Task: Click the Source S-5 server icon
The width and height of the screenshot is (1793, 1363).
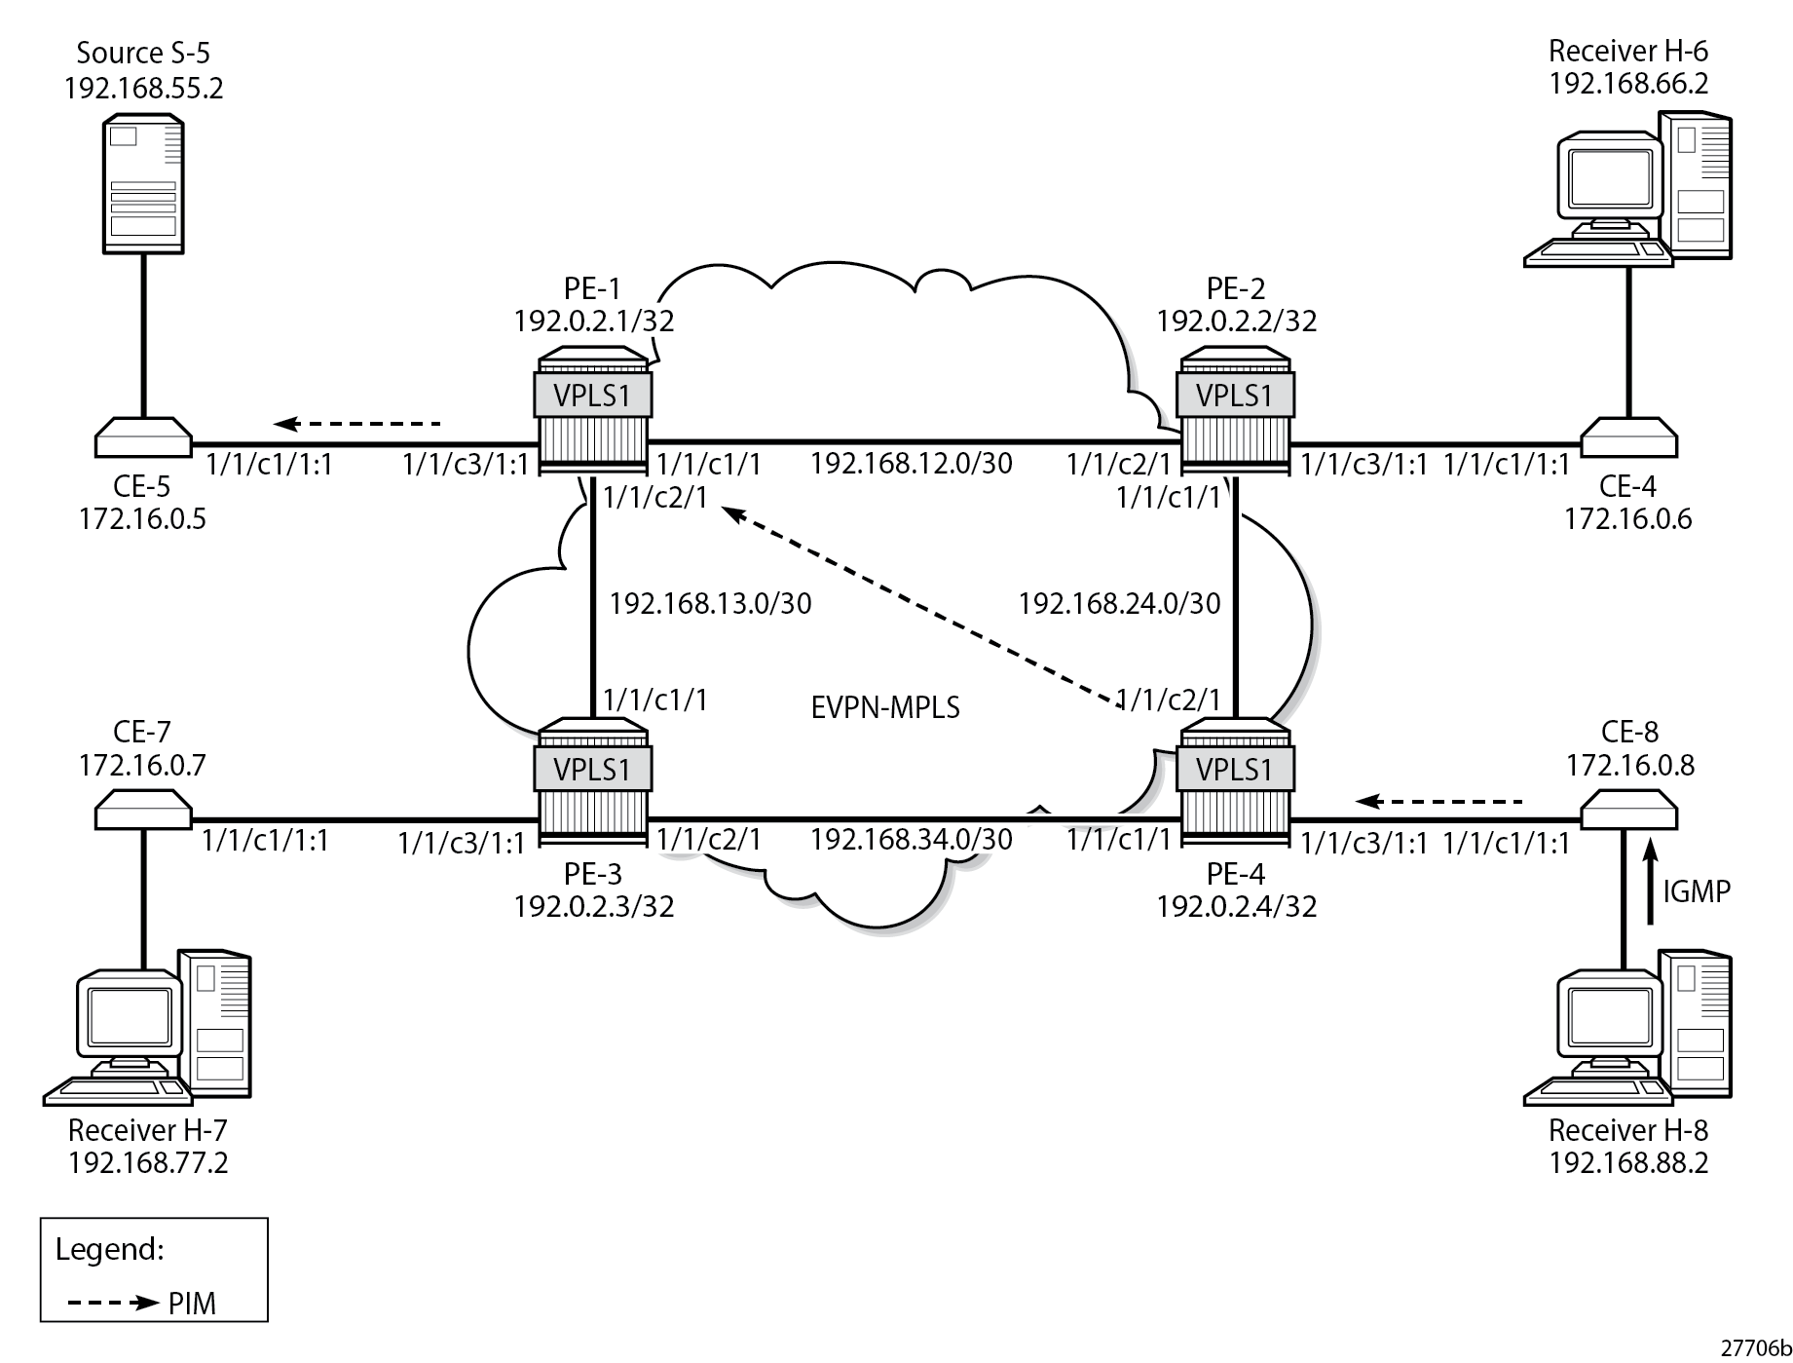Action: (143, 184)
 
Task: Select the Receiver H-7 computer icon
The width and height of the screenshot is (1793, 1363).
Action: (148, 1027)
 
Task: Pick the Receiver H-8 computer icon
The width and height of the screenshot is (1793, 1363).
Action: (1627, 1027)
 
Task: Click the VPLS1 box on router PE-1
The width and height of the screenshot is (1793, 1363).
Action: (592, 396)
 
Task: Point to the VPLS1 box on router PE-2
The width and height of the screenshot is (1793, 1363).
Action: (1235, 396)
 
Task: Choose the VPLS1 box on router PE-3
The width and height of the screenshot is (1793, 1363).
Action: (592, 770)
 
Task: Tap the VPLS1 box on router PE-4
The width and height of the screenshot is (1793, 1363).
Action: (1235, 770)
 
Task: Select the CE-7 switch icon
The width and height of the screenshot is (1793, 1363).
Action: (143, 810)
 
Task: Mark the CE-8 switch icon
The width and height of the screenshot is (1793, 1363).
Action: (1627, 810)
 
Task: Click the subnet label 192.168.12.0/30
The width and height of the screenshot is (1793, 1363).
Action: (911, 463)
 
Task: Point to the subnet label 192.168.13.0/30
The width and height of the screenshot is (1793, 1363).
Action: (710, 604)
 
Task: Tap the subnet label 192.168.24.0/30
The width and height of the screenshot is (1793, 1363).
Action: (1119, 604)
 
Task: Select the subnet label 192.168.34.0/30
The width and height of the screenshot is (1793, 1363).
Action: (911, 838)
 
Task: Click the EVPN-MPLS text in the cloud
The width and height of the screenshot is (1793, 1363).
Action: (885, 706)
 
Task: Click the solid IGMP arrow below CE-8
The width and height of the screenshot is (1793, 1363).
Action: (1650, 882)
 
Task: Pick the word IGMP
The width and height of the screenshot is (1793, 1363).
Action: (1697, 890)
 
